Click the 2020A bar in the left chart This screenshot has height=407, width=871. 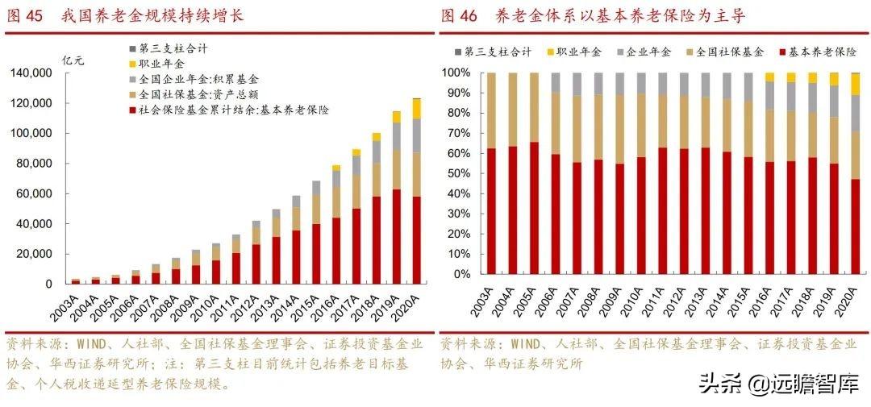(x=416, y=193)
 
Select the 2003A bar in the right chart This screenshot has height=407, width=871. (x=491, y=173)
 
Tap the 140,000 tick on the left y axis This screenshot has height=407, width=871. (x=31, y=73)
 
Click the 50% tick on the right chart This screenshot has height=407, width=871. (x=456, y=173)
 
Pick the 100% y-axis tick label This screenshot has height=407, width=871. (x=454, y=73)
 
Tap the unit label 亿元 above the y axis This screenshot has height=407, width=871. (x=73, y=61)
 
